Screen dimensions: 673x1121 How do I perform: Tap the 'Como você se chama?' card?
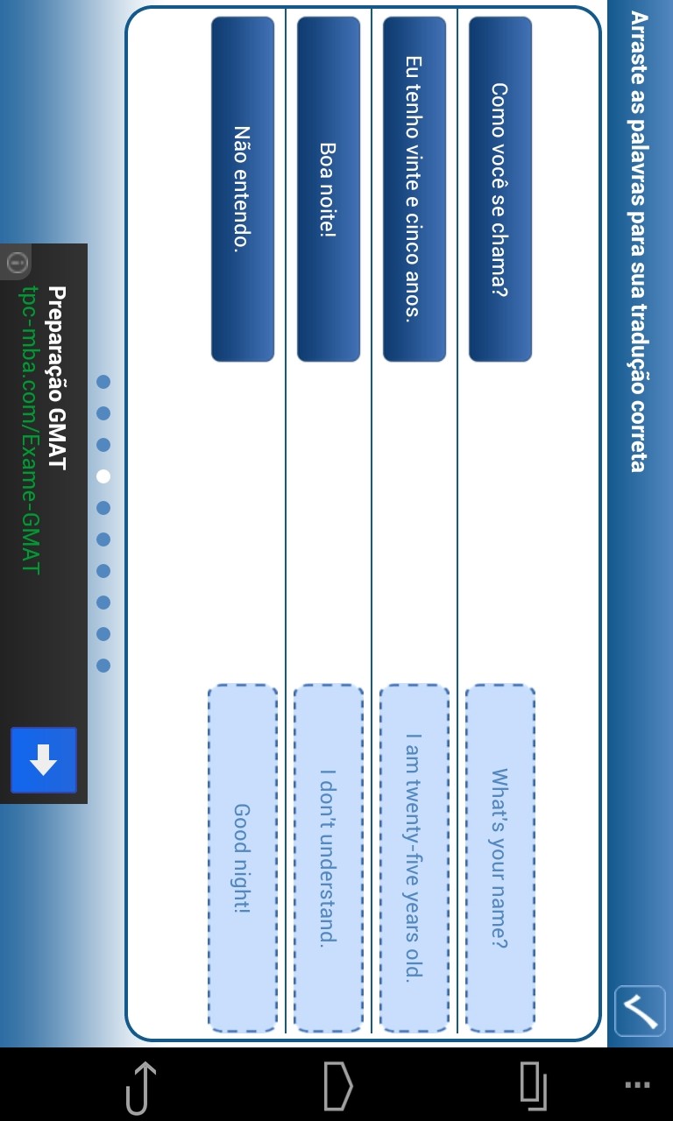point(500,188)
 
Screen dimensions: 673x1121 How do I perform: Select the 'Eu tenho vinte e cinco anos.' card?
point(414,188)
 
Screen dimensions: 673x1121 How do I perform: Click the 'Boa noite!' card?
point(329,188)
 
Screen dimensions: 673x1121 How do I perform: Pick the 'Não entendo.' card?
point(243,188)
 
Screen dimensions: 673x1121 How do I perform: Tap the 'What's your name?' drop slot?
point(500,857)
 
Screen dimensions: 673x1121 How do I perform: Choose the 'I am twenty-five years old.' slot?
point(414,857)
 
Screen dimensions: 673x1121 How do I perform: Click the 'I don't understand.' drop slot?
point(329,857)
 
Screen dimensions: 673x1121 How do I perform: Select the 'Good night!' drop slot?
point(243,857)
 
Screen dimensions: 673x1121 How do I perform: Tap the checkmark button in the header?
point(640,1011)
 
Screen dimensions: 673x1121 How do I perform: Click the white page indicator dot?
point(103,476)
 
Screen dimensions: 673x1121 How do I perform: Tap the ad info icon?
point(18,262)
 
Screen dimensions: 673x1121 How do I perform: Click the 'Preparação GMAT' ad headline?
point(58,377)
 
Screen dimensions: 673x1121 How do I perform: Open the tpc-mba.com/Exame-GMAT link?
point(30,430)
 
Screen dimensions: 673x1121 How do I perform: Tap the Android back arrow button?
point(141,1089)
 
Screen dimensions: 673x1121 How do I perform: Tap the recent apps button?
point(534,1086)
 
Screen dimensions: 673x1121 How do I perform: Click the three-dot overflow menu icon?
point(637,1085)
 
